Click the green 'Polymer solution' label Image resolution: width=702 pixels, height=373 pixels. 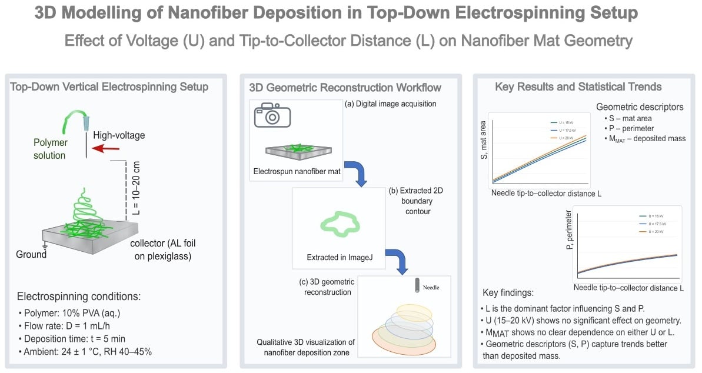49,149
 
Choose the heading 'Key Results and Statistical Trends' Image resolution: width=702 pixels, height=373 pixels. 578,87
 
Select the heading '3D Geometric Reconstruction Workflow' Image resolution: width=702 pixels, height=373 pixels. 345,87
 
